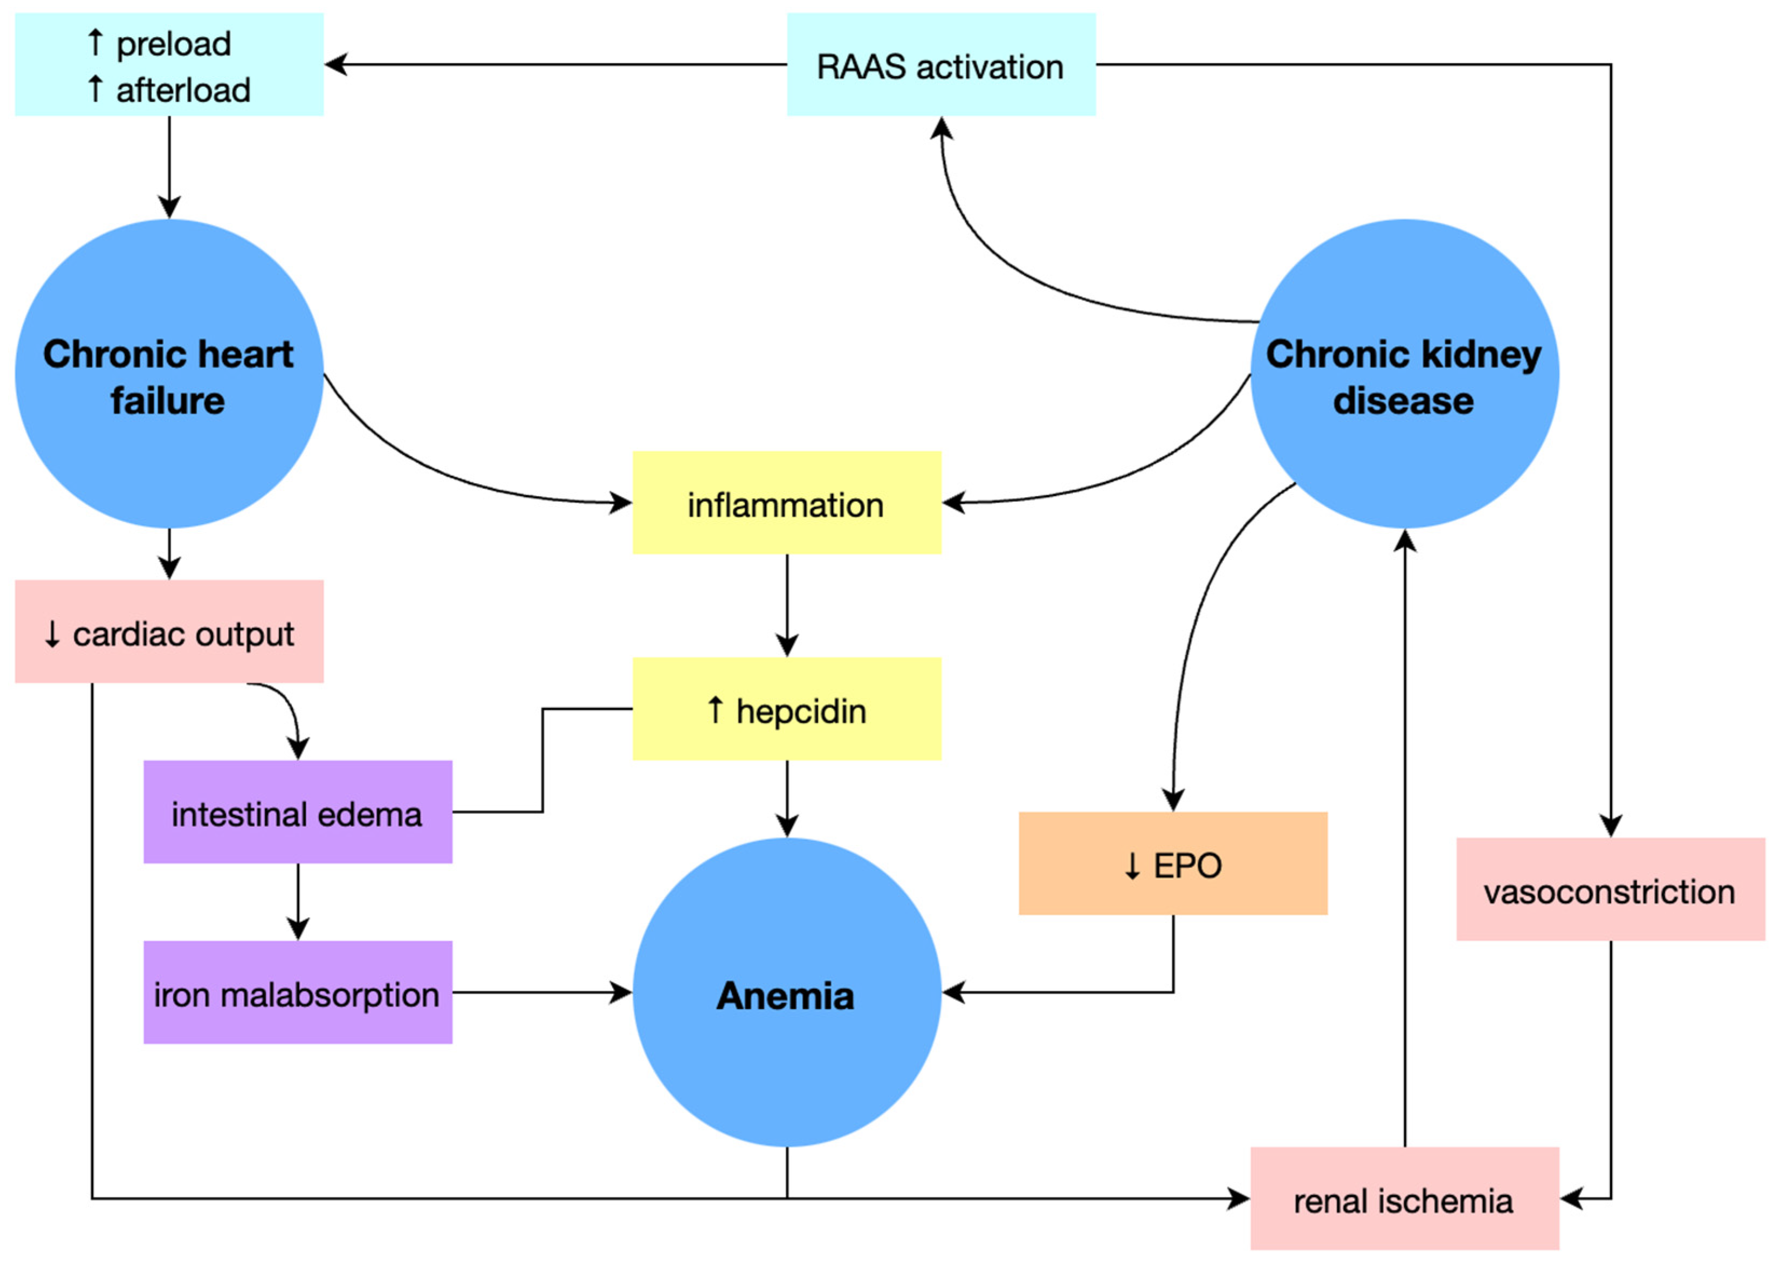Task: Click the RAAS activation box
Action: pos(941,65)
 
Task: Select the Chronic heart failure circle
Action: pos(169,374)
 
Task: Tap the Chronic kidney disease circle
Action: pos(1404,374)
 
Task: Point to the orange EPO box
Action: pos(1172,863)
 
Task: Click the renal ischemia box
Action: pos(1404,1199)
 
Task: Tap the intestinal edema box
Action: pos(297,812)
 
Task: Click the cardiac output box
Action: pos(169,632)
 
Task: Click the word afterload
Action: pos(183,90)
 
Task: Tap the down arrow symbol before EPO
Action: pos(1132,865)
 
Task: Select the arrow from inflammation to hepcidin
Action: pos(786,606)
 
